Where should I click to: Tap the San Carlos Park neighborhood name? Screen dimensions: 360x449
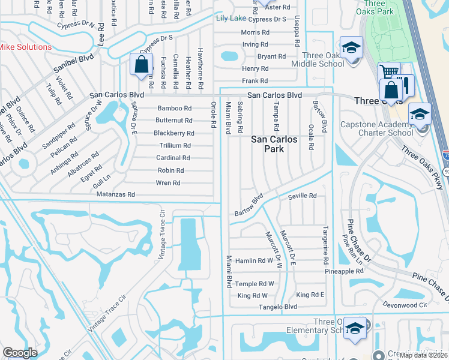point(274,144)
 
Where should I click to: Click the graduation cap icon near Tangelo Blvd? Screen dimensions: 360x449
point(355,328)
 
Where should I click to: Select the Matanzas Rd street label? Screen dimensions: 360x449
point(115,195)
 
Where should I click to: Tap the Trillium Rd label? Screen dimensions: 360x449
point(175,146)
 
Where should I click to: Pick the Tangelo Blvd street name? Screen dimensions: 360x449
point(277,307)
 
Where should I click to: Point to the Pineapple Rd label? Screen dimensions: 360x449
point(344,271)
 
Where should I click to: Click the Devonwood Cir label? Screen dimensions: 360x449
point(406,305)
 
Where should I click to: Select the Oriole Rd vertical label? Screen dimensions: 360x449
point(213,115)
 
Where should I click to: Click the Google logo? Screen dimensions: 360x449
point(20,353)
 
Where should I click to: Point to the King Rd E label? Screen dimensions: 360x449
point(310,295)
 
